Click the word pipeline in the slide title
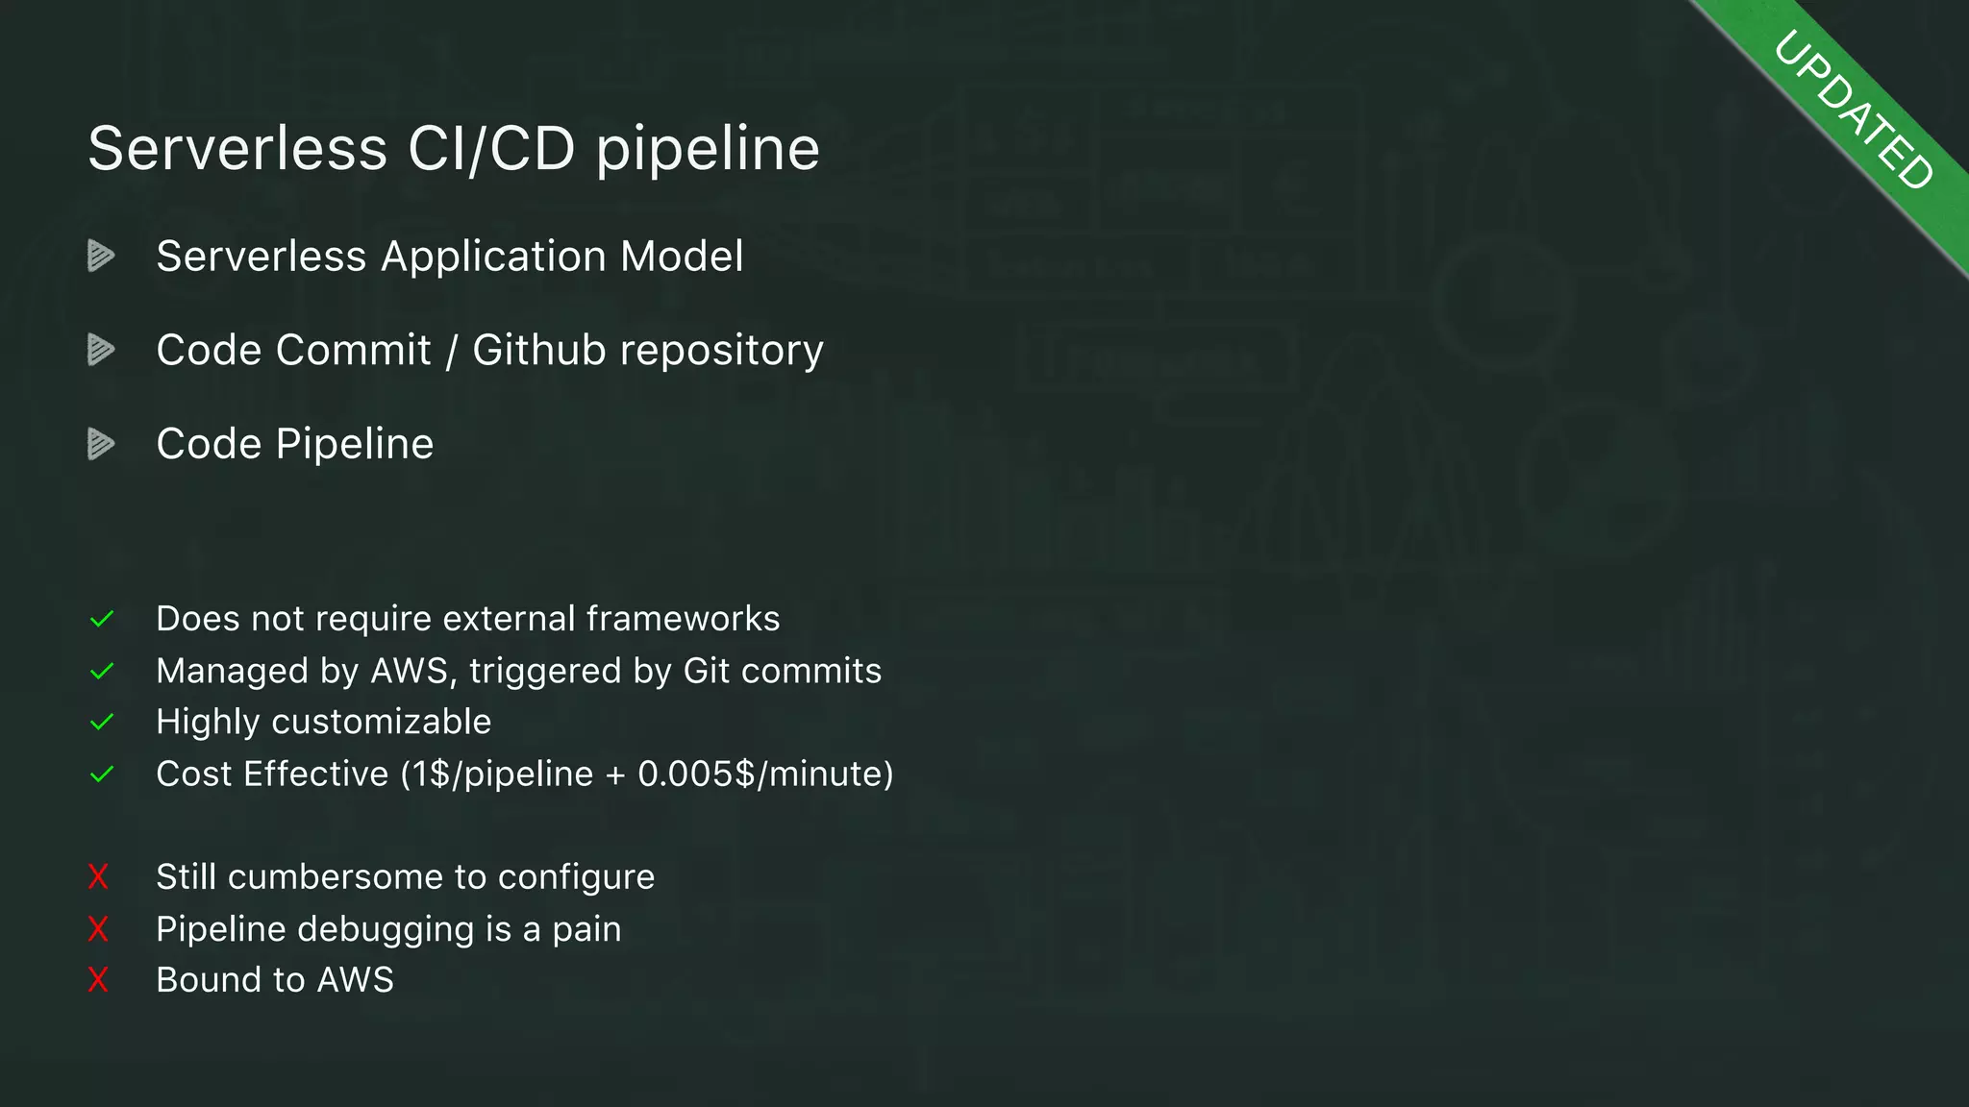click(x=708, y=150)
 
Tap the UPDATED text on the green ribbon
click(x=1853, y=110)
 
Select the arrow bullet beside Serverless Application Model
click(x=101, y=256)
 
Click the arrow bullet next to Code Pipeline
click(x=101, y=444)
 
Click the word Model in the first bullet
click(x=682, y=257)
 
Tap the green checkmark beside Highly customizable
click(x=102, y=723)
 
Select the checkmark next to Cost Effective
click(x=102, y=775)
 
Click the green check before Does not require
click(x=102, y=620)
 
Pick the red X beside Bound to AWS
click(x=98, y=980)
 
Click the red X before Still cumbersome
click(x=98, y=876)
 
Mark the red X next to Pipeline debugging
click(x=98, y=929)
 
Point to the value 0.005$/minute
click(x=764, y=775)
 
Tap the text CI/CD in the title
click(x=491, y=150)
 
